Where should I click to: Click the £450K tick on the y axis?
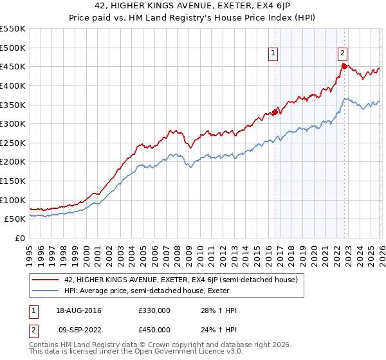(13, 66)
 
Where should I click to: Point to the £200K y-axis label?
(13, 161)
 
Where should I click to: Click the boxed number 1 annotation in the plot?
(273, 54)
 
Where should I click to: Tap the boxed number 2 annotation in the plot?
(342, 54)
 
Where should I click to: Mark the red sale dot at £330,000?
(275, 112)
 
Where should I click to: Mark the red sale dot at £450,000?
(344, 66)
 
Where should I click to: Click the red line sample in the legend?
(46, 280)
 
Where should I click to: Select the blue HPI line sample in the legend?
(46, 291)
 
